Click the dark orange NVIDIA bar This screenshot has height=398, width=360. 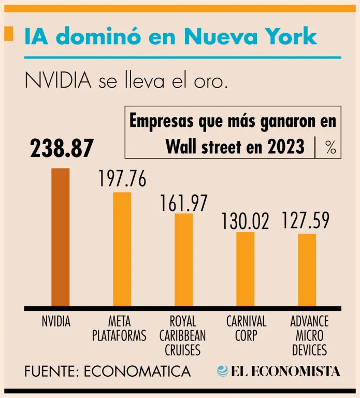click(60, 237)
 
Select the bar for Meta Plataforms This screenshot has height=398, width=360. click(122, 249)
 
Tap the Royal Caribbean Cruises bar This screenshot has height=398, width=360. click(183, 260)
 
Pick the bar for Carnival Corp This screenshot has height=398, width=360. click(246, 269)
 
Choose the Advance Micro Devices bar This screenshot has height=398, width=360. click(307, 269)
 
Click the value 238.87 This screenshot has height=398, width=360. click(62, 149)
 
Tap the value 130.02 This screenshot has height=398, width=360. click(246, 221)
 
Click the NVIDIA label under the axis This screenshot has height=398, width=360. click(56, 322)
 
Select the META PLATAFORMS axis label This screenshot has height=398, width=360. click(120, 329)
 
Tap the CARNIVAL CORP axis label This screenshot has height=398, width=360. click(246, 329)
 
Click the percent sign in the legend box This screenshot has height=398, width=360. click(330, 148)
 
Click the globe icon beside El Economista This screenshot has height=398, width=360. click(223, 371)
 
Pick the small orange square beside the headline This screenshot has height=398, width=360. click(8, 34)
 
